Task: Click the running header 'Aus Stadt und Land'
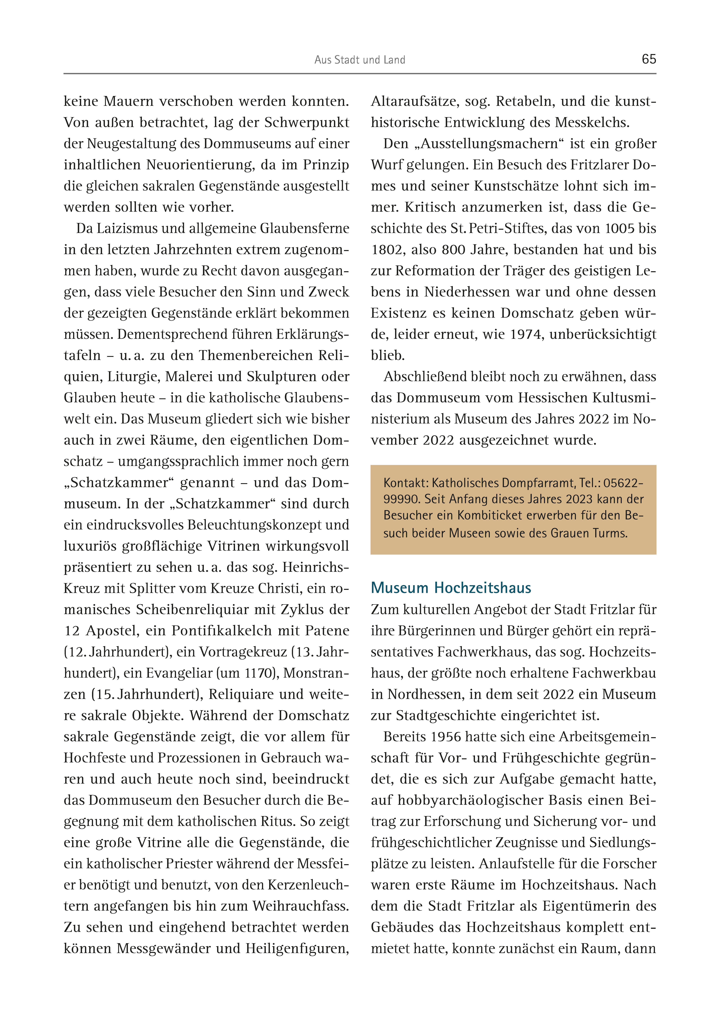click(360, 60)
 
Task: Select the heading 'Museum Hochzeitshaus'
click(451, 588)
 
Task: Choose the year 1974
click(526, 334)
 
